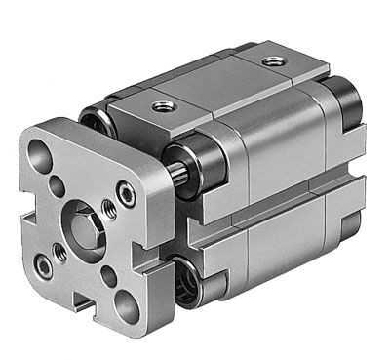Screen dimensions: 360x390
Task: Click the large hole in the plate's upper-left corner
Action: [41, 155]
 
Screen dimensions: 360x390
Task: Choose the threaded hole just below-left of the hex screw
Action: [59, 252]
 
